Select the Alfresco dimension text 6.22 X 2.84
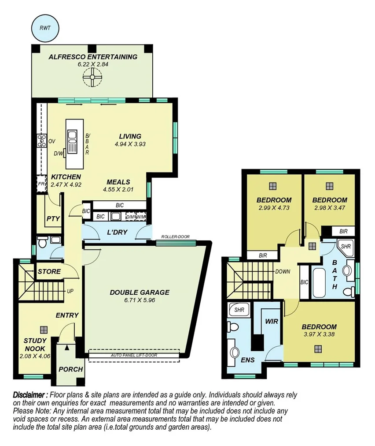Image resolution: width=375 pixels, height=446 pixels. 93,64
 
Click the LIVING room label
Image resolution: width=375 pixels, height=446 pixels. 130,136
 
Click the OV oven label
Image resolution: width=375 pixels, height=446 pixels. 51,141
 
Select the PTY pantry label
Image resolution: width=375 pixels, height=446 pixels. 53,218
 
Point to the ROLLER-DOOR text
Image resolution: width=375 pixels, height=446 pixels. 175,237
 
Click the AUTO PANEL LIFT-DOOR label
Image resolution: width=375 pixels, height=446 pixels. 134,355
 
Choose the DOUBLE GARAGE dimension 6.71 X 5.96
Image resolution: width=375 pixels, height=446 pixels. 140,300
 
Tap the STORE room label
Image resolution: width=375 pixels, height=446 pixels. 49,271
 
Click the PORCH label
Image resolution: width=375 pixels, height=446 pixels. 71,369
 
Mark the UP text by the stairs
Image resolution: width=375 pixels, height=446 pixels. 70,292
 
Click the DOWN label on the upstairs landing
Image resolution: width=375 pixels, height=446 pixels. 282,272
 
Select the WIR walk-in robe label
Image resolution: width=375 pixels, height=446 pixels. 272,322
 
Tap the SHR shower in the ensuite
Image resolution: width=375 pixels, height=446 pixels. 239,310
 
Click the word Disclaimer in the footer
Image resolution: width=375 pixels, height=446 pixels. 30,394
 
